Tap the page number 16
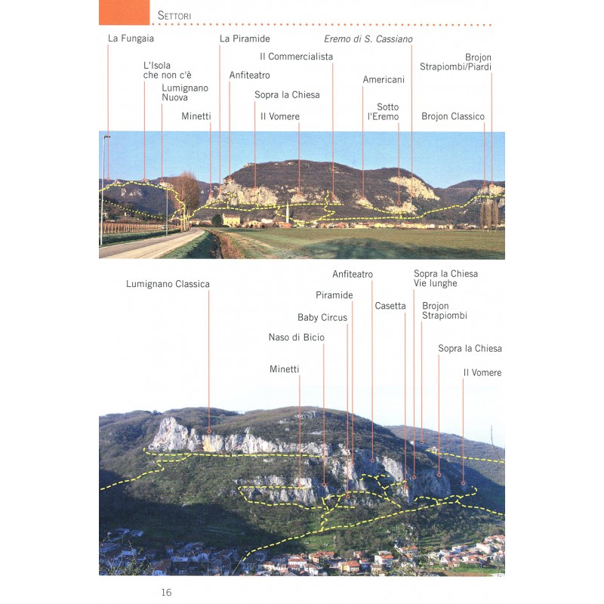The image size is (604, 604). (x=166, y=592)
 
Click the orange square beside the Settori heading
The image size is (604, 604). (x=124, y=12)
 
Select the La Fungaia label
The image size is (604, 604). (x=131, y=38)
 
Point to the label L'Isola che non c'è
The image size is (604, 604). (x=168, y=70)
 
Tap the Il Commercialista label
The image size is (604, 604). (x=296, y=57)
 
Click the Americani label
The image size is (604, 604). (x=384, y=79)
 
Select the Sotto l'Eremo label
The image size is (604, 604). (x=383, y=112)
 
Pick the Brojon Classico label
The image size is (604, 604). (x=453, y=116)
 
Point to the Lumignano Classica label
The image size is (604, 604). (x=168, y=284)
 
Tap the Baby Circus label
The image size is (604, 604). (x=322, y=318)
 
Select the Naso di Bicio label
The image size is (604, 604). (x=297, y=337)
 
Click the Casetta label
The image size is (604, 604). (x=390, y=306)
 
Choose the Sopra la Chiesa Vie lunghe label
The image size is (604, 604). (x=445, y=279)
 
